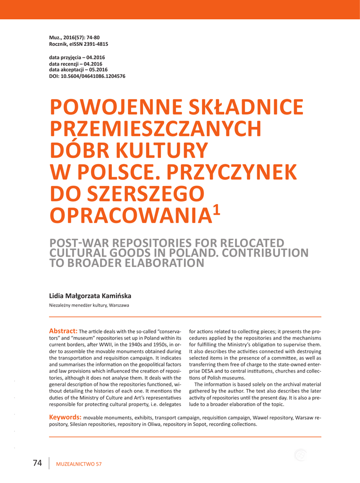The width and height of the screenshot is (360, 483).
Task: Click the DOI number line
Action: pos(87,76)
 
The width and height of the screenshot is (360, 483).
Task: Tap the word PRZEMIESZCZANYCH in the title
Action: pos(156,129)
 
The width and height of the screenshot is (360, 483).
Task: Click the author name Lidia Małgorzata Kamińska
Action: pos(90,296)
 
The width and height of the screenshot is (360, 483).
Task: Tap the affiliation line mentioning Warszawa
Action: pos(89,306)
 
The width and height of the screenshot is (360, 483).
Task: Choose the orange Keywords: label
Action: pos(66,417)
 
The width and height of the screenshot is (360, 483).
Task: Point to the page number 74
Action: pos(38,463)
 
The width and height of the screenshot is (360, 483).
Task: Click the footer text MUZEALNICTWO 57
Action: pos(79,464)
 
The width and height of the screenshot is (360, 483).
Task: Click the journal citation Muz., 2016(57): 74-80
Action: pos(74,37)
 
